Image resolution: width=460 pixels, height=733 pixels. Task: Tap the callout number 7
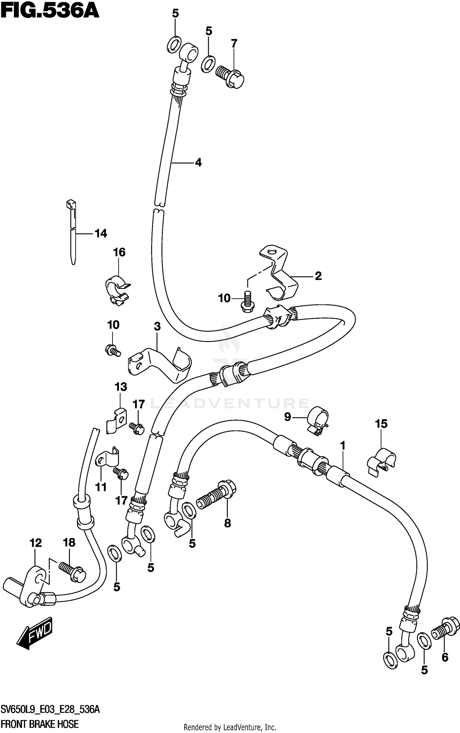tap(234, 44)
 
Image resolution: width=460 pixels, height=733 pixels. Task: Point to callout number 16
tap(119, 252)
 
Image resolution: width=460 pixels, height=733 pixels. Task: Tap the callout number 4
tap(198, 162)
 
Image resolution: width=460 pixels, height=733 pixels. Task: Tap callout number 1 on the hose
tap(343, 445)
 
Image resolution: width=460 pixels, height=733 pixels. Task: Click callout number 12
tap(36, 543)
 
